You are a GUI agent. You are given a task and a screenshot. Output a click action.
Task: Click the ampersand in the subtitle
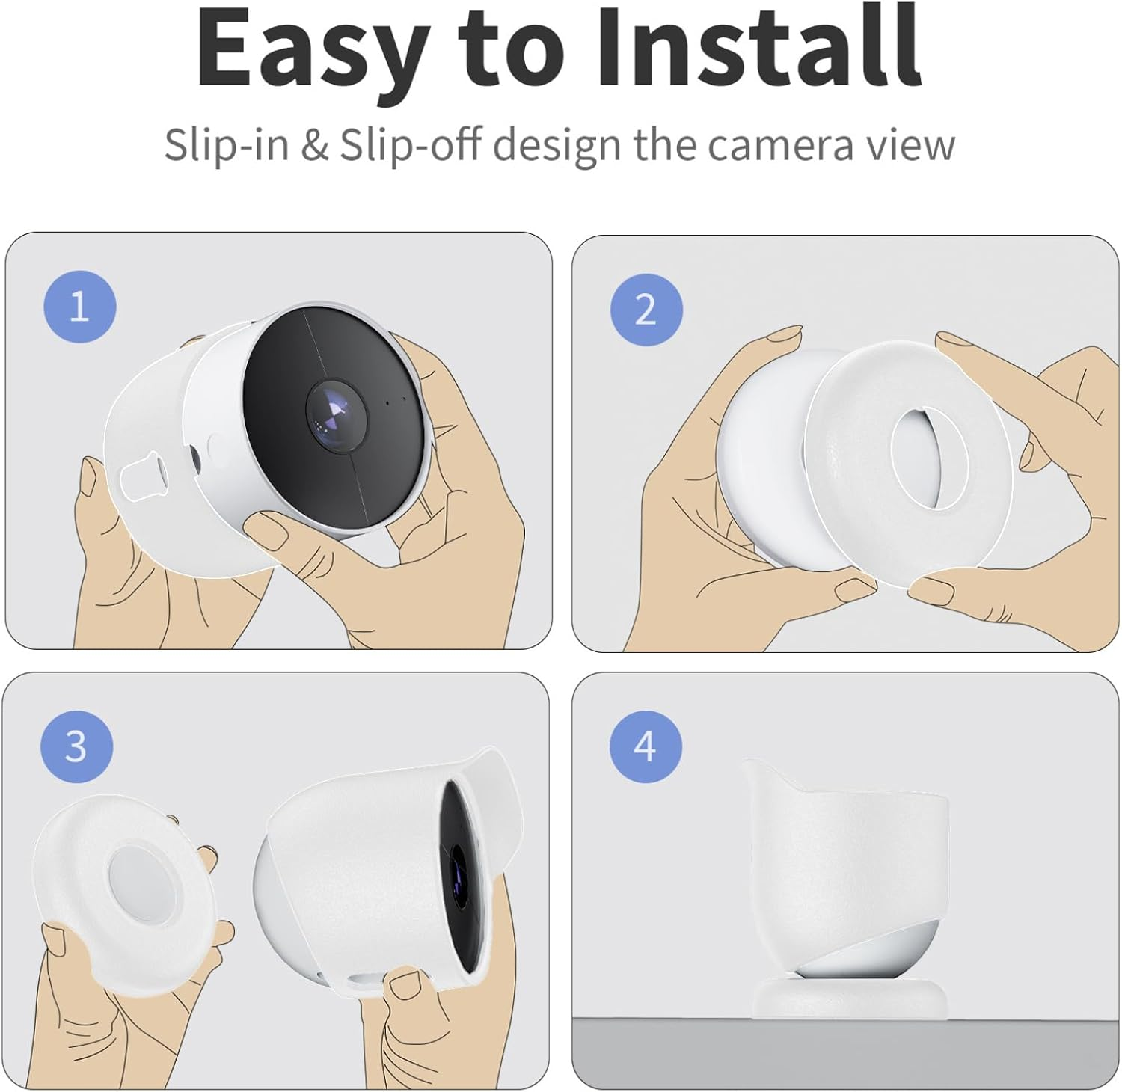[x=314, y=144]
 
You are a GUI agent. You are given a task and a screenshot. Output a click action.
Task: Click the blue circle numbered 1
[x=80, y=307]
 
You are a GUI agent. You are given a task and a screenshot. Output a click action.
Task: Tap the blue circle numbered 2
[x=646, y=310]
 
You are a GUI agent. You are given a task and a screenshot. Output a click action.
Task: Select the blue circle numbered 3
[x=76, y=746]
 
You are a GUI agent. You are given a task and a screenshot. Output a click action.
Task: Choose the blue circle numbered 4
[x=645, y=746]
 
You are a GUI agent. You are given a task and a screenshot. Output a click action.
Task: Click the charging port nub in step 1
[x=144, y=476]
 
